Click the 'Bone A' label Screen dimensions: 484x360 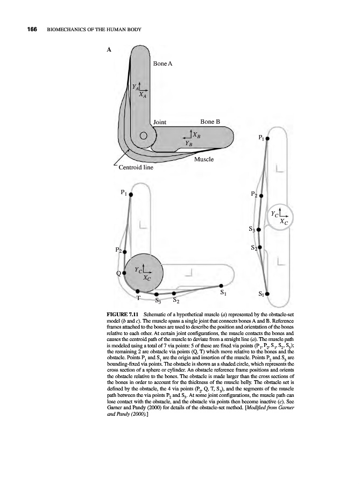click(x=163, y=64)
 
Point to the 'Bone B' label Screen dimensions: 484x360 click(x=210, y=122)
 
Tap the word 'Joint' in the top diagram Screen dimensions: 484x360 click(x=161, y=122)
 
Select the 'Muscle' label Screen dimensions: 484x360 click(x=203, y=159)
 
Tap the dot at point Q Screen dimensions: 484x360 click(x=124, y=273)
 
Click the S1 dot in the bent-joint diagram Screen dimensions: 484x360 click(x=221, y=286)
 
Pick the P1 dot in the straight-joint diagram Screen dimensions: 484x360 click(x=267, y=138)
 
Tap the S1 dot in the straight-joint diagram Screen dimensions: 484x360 click(x=267, y=294)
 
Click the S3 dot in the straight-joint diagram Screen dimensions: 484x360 click(x=259, y=230)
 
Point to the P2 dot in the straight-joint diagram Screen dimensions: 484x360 click(x=261, y=196)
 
